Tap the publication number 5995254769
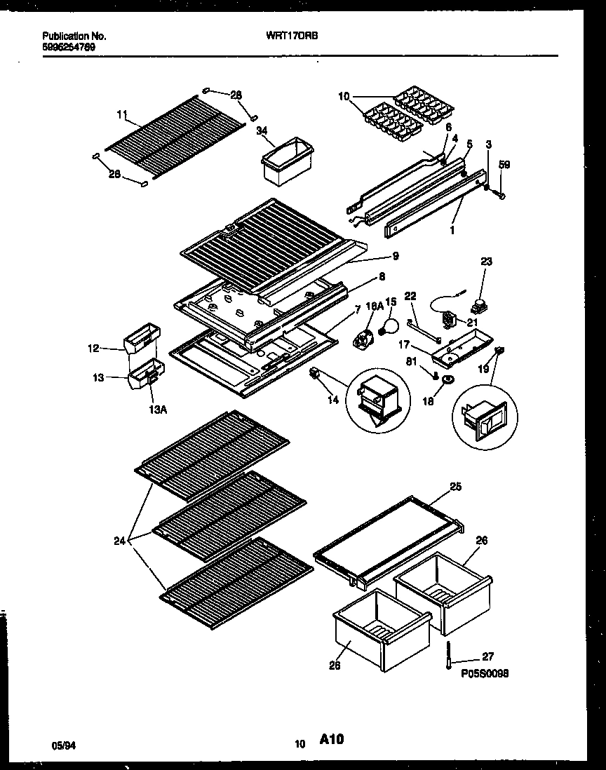[69, 47]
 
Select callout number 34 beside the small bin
[262, 130]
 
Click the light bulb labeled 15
[386, 325]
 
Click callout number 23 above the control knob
[487, 262]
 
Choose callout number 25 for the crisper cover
[455, 485]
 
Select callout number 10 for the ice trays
[343, 96]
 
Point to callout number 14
[332, 400]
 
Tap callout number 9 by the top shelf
[396, 257]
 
